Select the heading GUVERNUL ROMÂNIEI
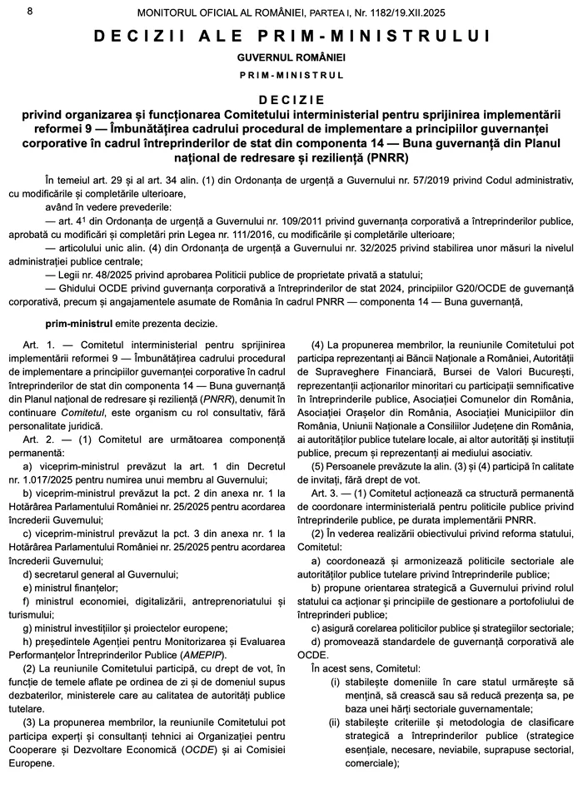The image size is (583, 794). pos(291,57)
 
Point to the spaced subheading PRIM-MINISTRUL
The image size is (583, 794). pos(291,75)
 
